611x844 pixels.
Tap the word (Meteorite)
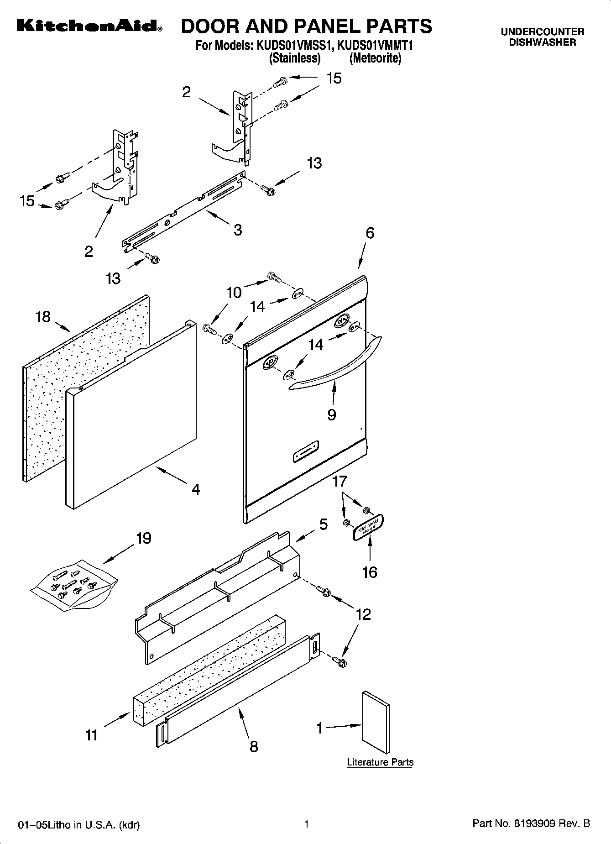[x=376, y=58]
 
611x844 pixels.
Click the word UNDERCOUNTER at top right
[x=542, y=32]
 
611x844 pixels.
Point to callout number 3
[x=238, y=230]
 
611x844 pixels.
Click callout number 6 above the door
[x=370, y=233]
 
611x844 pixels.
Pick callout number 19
[x=143, y=539]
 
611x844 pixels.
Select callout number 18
[x=43, y=316]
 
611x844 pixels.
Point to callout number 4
[x=196, y=489]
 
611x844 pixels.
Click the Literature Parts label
[x=380, y=762]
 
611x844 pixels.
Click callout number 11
[x=92, y=735]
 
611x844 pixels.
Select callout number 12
[x=363, y=614]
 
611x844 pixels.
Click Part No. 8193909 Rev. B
[x=531, y=823]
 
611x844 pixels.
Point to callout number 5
[x=323, y=524]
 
